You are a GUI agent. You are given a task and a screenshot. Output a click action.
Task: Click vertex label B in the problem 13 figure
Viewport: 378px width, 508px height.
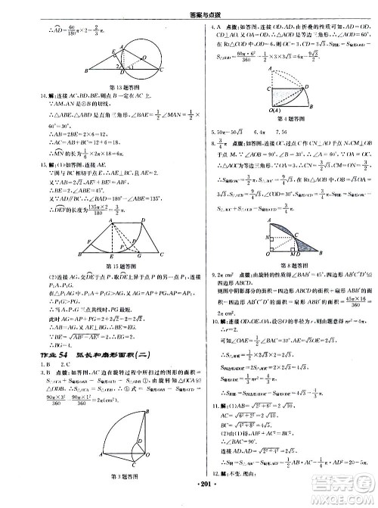pyautogui.click(x=87, y=70)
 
